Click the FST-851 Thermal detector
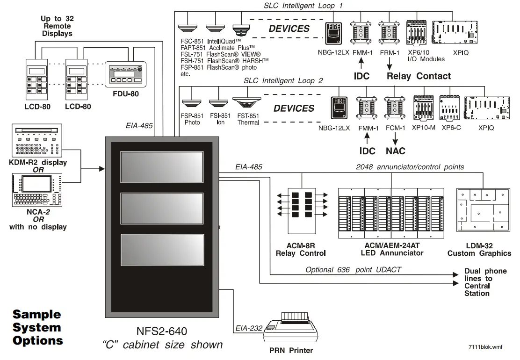[248, 105]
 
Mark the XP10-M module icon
[423, 109]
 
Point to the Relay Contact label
[419, 76]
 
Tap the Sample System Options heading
[37, 327]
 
